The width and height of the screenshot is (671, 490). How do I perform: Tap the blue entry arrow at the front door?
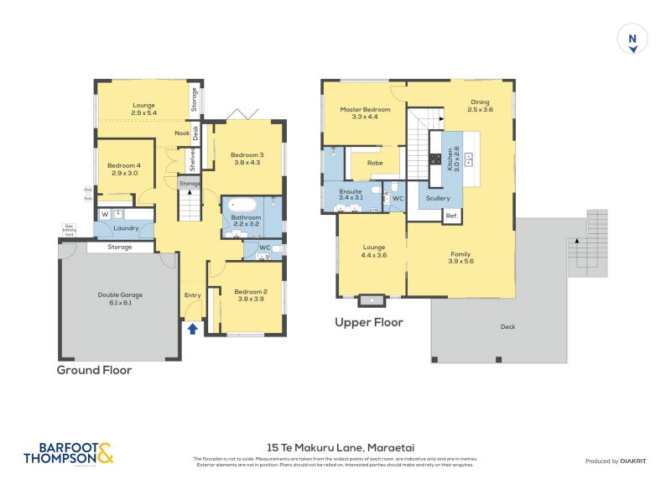[193, 329]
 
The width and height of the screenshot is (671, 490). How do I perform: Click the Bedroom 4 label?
[123, 169]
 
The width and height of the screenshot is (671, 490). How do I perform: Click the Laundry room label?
[126, 227]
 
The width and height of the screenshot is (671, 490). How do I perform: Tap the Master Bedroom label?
[365, 113]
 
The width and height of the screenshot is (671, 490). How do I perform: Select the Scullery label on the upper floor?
[438, 198]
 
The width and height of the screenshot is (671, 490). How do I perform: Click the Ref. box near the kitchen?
[452, 216]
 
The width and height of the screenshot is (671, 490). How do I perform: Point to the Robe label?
[375, 163]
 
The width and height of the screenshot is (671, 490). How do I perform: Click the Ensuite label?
[351, 194]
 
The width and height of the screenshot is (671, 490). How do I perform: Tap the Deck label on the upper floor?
[507, 327]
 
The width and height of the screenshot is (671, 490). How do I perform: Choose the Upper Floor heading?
[369, 322]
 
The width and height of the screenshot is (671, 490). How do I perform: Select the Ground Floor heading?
[94, 370]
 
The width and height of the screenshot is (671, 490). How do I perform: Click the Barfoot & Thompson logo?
[68, 453]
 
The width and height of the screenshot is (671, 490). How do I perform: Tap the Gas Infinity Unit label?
[69, 230]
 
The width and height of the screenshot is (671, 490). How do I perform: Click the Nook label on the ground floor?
[182, 133]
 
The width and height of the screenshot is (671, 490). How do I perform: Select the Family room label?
[460, 258]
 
